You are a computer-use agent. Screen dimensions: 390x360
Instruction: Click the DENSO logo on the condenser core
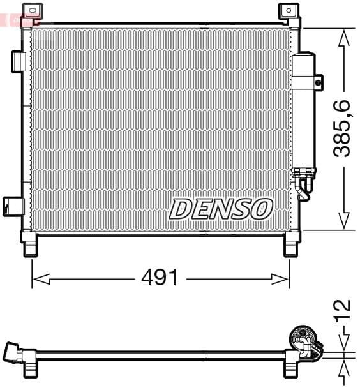click(x=221, y=208)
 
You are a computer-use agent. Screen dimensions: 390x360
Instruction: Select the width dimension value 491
click(x=160, y=278)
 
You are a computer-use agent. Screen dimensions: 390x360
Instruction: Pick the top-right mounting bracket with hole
click(x=289, y=11)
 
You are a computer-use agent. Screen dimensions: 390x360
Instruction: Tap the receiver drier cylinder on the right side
click(x=303, y=109)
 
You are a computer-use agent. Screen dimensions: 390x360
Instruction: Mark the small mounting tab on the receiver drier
click(x=319, y=81)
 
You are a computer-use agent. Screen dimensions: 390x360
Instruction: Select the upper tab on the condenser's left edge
click(x=18, y=61)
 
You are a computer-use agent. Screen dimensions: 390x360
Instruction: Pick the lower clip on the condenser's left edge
click(x=13, y=206)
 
